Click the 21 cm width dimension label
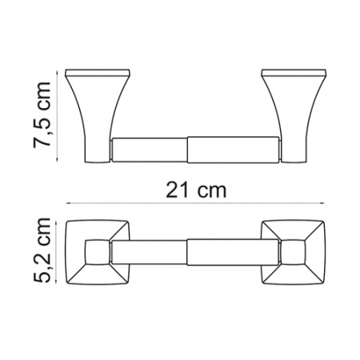(196, 190)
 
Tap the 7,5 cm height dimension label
(42, 115)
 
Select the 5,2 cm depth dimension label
(42, 250)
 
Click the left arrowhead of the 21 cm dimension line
(68, 203)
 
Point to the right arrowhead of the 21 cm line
(322, 203)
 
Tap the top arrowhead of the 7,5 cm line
(57, 73)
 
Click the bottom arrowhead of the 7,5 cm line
(57, 159)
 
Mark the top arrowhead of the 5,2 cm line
(56, 223)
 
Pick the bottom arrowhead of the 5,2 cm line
(56, 281)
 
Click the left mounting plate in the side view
(98, 73)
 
